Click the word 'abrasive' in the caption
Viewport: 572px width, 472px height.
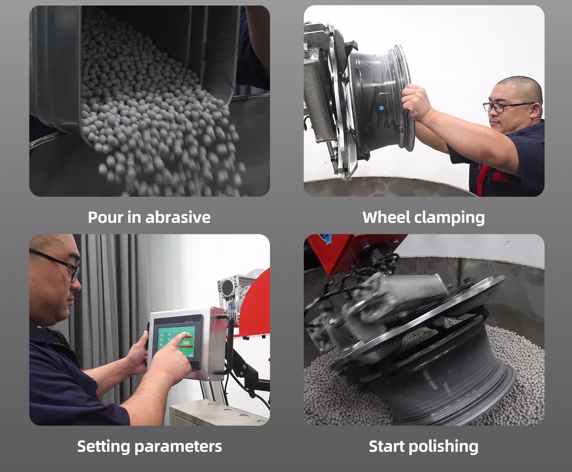[x=178, y=217]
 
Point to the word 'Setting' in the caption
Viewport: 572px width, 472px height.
[x=103, y=447]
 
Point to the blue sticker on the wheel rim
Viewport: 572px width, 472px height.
[x=382, y=108]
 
